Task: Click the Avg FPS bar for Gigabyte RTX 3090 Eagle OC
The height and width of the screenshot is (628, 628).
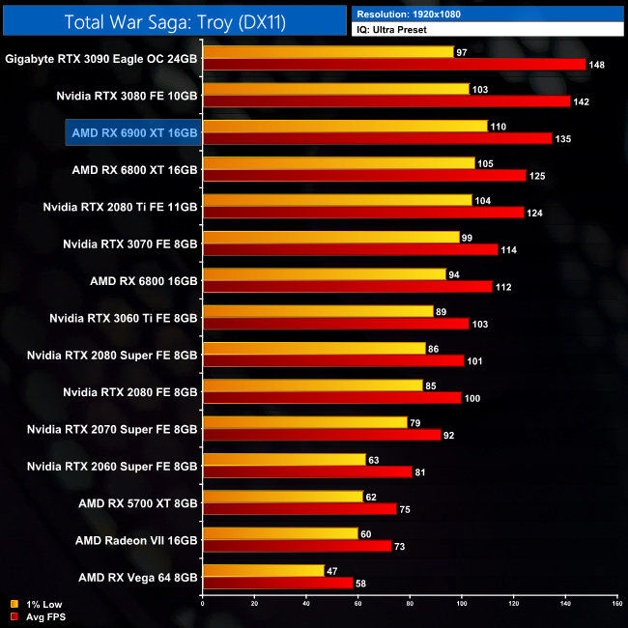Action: tap(394, 65)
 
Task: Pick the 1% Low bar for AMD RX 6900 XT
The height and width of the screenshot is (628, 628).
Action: tap(345, 126)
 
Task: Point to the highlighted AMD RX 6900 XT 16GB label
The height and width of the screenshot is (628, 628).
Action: tap(133, 132)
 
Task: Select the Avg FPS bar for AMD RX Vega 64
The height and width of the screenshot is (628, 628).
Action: tap(277, 584)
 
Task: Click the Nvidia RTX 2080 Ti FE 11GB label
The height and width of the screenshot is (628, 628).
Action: tap(121, 207)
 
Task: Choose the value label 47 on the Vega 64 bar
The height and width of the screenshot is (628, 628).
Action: tap(332, 571)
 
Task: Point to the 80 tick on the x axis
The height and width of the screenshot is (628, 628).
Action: tap(410, 606)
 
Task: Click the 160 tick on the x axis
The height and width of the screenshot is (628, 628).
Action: tap(616, 606)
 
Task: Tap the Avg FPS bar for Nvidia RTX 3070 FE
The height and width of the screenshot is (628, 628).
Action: tap(350, 250)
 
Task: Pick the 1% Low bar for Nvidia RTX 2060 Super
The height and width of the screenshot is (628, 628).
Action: tap(284, 459)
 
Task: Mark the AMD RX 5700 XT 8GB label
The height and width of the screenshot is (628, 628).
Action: tap(139, 503)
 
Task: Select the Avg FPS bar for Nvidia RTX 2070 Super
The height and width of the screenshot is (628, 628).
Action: tap(322, 435)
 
